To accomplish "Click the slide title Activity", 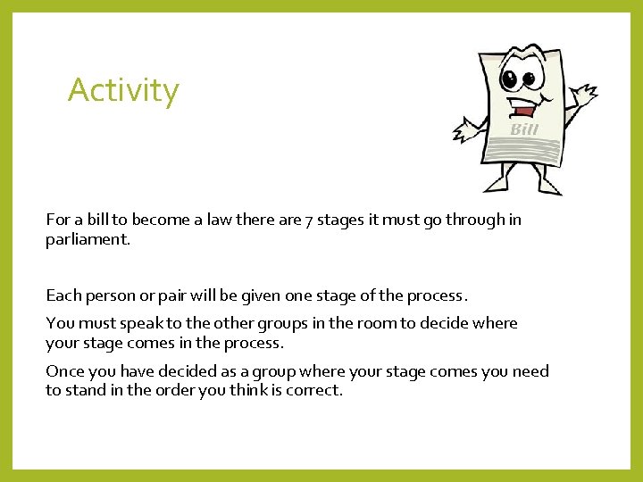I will click(x=123, y=90).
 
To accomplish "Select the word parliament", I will click(x=88, y=240).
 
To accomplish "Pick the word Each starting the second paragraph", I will click(x=63, y=295).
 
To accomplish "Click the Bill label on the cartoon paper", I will click(x=524, y=130).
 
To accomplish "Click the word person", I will click(x=116, y=295).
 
